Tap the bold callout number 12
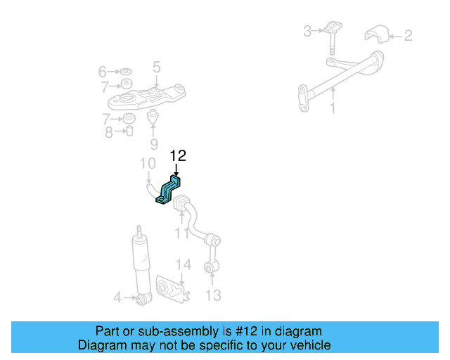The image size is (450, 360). pyautogui.click(x=178, y=156)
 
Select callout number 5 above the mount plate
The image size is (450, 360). pyautogui.click(x=156, y=67)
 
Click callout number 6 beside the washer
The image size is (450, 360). pyautogui.click(x=103, y=72)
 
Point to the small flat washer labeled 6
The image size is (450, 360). pyautogui.click(x=126, y=71)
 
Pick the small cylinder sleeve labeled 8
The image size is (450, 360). pyautogui.click(x=129, y=131)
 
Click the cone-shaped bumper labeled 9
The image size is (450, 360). pyautogui.click(x=153, y=117)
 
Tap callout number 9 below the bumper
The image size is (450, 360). pyautogui.click(x=154, y=144)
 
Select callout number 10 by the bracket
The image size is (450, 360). pyautogui.click(x=148, y=163)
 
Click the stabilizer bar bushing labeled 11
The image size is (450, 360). pyautogui.click(x=181, y=203)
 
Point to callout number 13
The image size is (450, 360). pyautogui.click(x=213, y=295)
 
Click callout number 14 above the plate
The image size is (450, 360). pyautogui.click(x=184, y=264)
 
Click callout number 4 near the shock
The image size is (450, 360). pyautogui.click(x=117, y=297)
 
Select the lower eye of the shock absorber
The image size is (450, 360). pyautogui.click(x=143, y=299)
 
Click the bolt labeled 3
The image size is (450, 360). pyautogui.click(x=333, y=37)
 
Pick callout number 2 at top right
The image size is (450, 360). pyautogui.click(x=408, y=36)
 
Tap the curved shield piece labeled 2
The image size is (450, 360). pyautogui.click(x=377, y=34)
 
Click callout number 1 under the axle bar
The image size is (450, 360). pyautogui.click(x=333, y=108)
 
